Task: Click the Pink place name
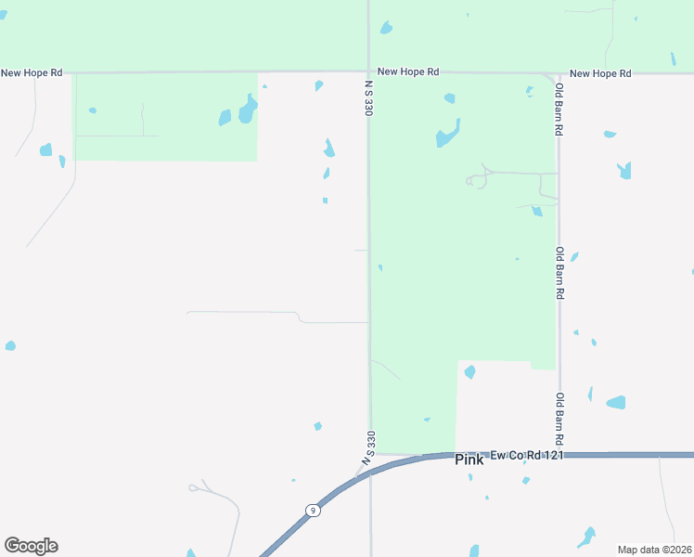[469, 460]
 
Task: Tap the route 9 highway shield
[314, 510]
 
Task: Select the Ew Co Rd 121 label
[527, 454]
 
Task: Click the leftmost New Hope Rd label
[32, 72]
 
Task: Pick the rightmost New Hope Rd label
[599, 73]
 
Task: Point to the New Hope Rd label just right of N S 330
[407, 71]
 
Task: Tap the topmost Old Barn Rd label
[559, 110]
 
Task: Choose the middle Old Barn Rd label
[559, 272]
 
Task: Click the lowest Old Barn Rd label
[559, 419]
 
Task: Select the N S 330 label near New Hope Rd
[369, 97]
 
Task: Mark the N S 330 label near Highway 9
[369, 448]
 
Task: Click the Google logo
[31, 546]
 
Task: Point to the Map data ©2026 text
[654, 550]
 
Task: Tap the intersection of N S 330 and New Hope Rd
[369, 71]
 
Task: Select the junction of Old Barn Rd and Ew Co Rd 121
[559, 455]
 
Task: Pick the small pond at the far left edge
[10, 346]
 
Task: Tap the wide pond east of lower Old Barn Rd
[616, 403]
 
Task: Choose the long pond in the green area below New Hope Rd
[447, 135]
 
